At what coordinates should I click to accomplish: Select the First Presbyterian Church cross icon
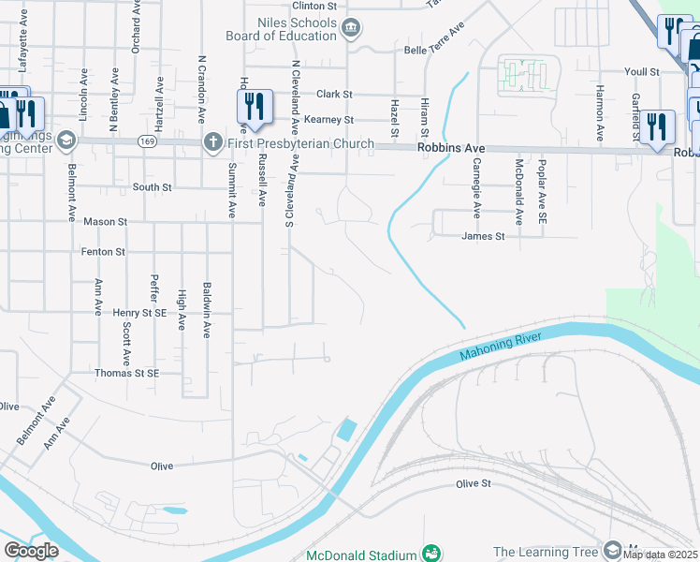coord(212,143)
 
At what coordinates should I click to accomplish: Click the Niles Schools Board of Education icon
coord(350,28)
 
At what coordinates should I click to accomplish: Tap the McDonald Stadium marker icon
coord(430,555)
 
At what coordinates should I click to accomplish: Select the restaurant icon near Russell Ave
coord(254,109)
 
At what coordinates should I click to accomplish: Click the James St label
coord(483,237)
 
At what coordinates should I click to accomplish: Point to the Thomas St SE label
coord(127,373)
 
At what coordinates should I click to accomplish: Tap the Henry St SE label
coord(139,312)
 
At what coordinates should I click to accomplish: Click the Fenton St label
coord(104,252)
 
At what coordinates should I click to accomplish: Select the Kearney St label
coord(334,120)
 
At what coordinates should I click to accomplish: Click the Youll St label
coord(642,71)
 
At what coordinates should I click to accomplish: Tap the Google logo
coord(31,551)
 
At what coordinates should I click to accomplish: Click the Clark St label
coord(334,95)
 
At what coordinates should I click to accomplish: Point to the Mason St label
coord(105,222)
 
